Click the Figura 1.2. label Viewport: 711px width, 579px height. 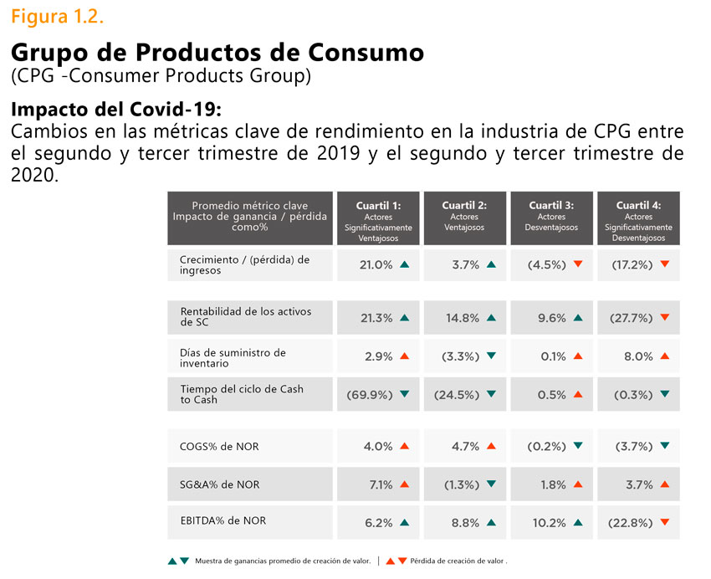58,17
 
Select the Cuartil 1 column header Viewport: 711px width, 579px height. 378,218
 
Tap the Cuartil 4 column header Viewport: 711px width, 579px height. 638,218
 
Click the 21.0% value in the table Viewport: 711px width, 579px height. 376,264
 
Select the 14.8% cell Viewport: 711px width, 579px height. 463,318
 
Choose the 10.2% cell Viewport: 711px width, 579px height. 550,523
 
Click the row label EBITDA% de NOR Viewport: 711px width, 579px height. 223,520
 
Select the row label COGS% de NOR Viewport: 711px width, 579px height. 219,447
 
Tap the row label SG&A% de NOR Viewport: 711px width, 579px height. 219,484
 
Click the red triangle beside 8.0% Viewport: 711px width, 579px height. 665,356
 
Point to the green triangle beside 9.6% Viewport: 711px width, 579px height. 578,318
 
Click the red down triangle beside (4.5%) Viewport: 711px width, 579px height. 578,264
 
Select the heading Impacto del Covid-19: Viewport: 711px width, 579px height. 115,111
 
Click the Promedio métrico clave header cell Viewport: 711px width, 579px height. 249,217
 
